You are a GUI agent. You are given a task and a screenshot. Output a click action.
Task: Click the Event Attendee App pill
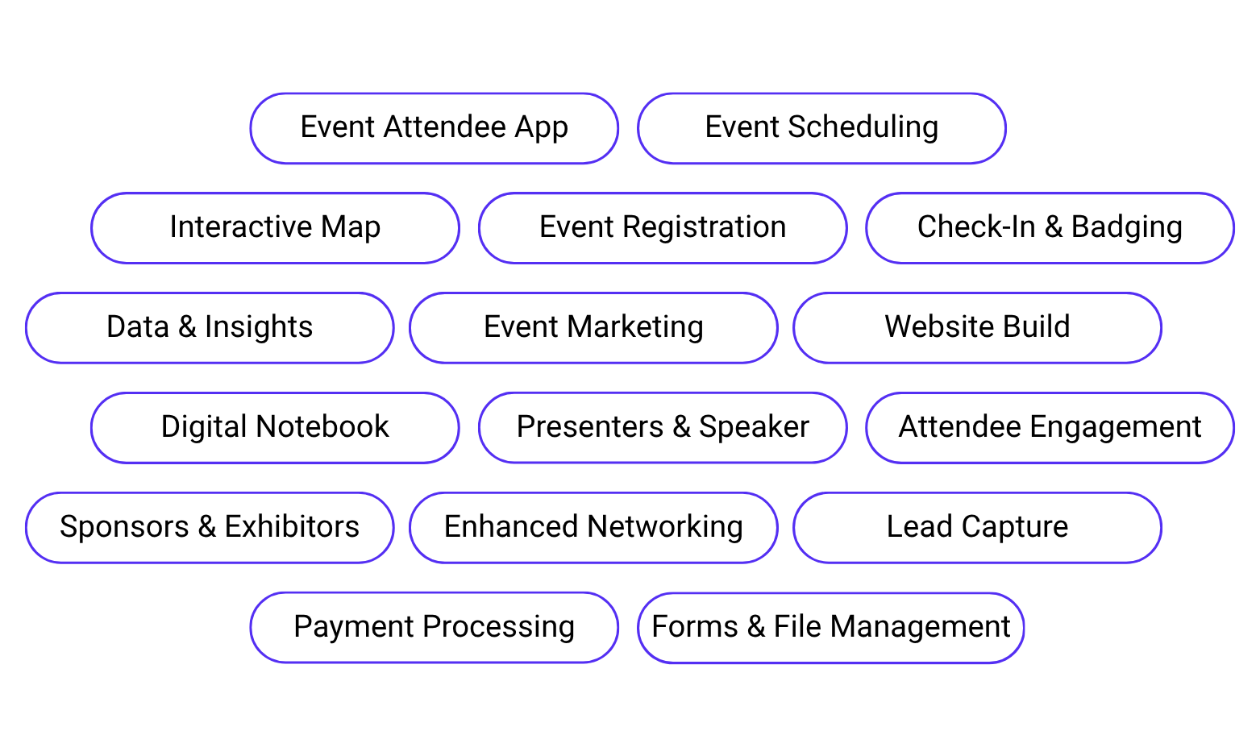pyautogui.click(x=434, y=128)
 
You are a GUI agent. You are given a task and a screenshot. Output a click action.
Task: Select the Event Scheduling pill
pyautogui.click(x=821, y=128)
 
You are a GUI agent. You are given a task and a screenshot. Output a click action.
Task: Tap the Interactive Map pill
pyautogui.click(x=275, y=228)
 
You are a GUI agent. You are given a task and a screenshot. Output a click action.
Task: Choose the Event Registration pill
pyautogui.click(x=663, y=228)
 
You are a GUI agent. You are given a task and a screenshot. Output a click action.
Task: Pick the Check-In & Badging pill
pyautogui.click(x=1050, y=228)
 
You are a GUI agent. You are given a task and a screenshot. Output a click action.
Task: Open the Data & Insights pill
pyautogui.click(x=210, y=328)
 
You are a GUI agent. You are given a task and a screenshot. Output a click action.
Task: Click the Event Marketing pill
pyautogui.click(x=593, y=328)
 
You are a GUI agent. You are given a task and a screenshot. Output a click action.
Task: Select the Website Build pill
pyautogui.click(x=977, y=328)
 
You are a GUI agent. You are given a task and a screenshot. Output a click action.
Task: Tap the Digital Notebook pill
pyautogui.click(x=275, y=428)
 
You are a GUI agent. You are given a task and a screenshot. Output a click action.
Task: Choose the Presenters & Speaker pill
pyautogui.click(x=663, y=428)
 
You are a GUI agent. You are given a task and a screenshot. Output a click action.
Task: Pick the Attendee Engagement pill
pyautogui.click(x=1050, y=428)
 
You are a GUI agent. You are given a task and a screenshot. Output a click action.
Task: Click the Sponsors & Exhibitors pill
pyautogui.click(x=210, y=528)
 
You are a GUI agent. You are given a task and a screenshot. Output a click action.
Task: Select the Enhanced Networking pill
pyautogui.click(x=593, y=528)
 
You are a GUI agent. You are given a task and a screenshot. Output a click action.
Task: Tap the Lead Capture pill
pyautogui.click(x=977, y=528)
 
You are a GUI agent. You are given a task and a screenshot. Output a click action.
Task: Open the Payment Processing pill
pyautogui.click(x=434, y=628)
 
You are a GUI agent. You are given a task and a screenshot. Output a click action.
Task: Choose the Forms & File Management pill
pyautogui.click(x=830, y=628)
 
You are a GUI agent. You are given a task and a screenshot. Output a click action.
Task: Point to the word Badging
pyautogui.click(x=1126, y=228)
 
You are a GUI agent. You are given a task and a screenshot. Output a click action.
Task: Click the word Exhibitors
pyautogui.click(x=292, y=527)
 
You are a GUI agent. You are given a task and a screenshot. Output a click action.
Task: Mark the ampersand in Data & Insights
pyautogui.click(x=186, y=327)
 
